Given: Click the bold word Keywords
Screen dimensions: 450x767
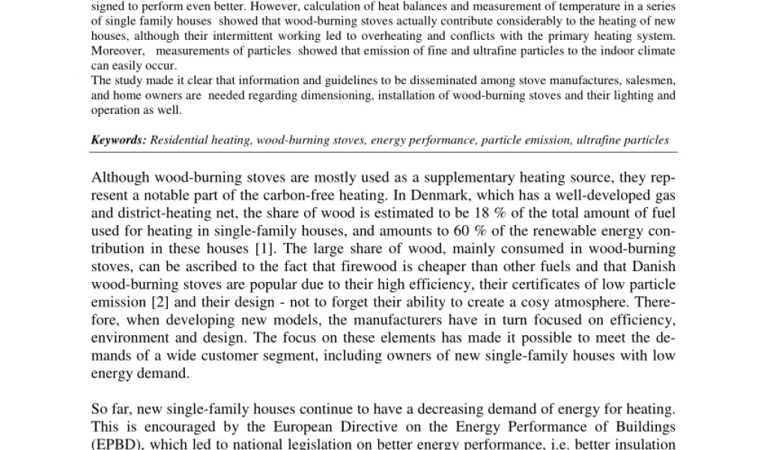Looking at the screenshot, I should click(118, 140).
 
